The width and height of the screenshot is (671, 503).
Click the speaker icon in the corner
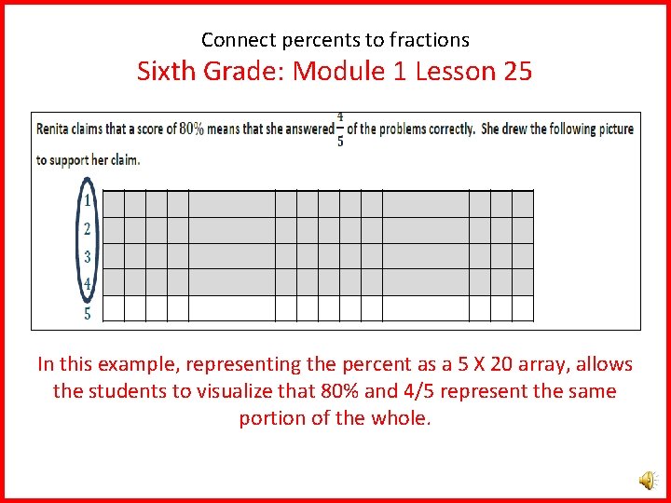(x=646, y=480)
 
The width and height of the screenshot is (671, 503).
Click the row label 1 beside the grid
(x=87, y=200)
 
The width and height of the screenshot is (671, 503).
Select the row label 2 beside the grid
(x=87, y=229)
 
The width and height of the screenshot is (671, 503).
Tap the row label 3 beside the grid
(x=87, y=257)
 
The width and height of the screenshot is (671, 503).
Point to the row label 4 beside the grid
(x=87, y=283)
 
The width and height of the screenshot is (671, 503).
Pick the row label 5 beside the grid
(x=87, y=313)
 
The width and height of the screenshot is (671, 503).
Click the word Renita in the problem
(x=53, y=129)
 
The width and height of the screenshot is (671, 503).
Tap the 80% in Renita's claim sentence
(x=191, y=129)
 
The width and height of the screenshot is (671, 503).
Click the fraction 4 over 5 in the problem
(x=340, y=129)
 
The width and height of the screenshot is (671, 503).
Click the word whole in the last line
(x=402, y=418)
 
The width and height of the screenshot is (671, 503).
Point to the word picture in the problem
(x=614, y=129)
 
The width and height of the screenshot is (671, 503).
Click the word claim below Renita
(x=122, y=160)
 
